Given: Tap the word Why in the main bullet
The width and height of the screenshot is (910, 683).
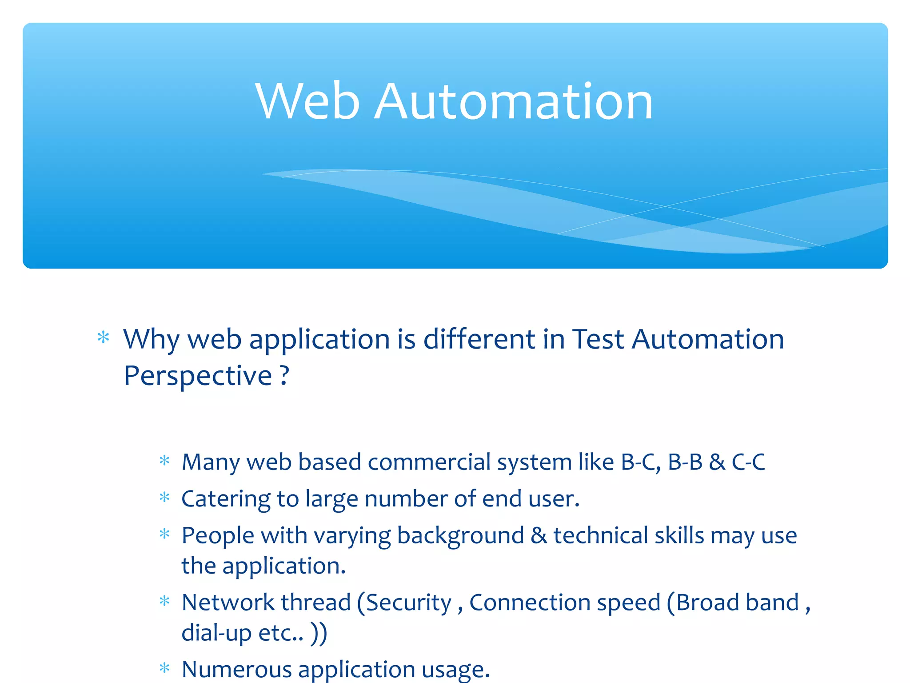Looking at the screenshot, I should tap(151, 340).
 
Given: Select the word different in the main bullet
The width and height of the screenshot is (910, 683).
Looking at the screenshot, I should tap(479, 339).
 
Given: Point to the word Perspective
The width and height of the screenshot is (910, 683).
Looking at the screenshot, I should tap(198, 376).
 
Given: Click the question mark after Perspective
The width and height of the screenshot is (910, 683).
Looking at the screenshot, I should tap(284, 375).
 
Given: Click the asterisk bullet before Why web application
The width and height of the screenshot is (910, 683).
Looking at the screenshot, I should tap(103, 337).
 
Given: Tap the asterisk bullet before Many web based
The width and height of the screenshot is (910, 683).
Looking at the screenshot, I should tap(164, 460).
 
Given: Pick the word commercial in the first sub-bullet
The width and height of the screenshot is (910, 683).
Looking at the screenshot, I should tap(429, 462).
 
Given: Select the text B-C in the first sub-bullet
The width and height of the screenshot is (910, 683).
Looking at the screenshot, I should tap(640, 462).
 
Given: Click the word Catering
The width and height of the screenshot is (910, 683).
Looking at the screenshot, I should tap(225, 499).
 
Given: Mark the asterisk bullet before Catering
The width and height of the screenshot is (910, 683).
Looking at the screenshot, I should tap(164, 497).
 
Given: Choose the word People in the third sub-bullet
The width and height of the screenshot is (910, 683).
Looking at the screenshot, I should tap(218, 535).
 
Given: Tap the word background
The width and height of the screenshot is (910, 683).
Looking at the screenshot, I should tap(460, 535).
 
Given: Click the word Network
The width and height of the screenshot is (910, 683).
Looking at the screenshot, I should tap(228, 603).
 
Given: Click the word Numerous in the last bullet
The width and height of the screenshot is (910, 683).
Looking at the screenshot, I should tap(236, 669).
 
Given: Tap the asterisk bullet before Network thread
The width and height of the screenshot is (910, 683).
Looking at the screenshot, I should tap(164, 601).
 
